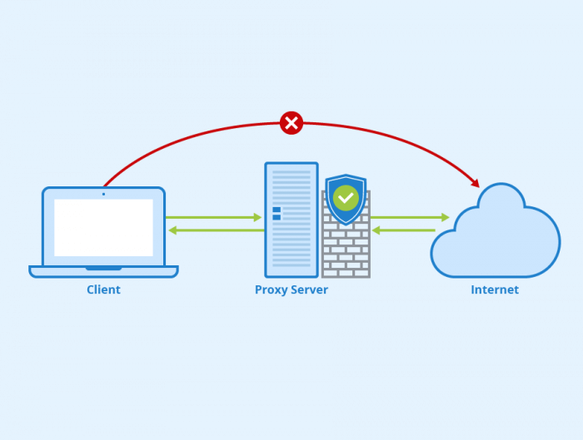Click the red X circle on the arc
[x=291, y=123]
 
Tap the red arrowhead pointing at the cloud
[x=475, y=182]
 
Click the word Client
[x=103, y=289]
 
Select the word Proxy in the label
[x=271, y=290]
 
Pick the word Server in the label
[x=309, y=289]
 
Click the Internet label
[x=495, y=289]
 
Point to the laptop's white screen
[x=104, y=228]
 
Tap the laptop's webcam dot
[x=103, y=194]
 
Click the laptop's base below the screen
[x=104, y=271]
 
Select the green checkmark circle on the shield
[x=346, y=198]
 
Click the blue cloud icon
[x=496, y=230]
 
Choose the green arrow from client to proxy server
[x=213, y=217]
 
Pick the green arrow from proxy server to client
[x=217, y=230]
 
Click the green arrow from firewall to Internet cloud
[x=410, y=217]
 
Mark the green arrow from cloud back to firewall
[x=404, y=230]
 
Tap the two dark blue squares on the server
[x=277, y=214]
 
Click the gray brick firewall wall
[x=346, y=249]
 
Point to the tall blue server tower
[x=291, y=220]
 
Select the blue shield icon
[x=346, y=200]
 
